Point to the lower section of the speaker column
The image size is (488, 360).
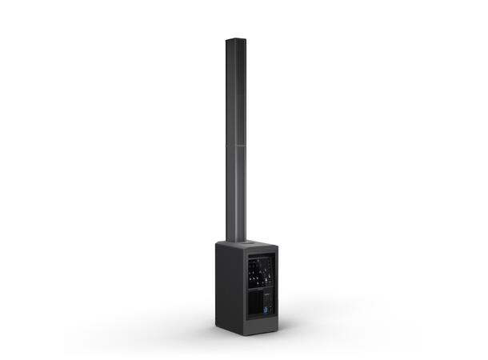point(238,192)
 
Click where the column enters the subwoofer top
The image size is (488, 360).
point(238,241)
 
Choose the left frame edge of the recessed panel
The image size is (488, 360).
point(247,288)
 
